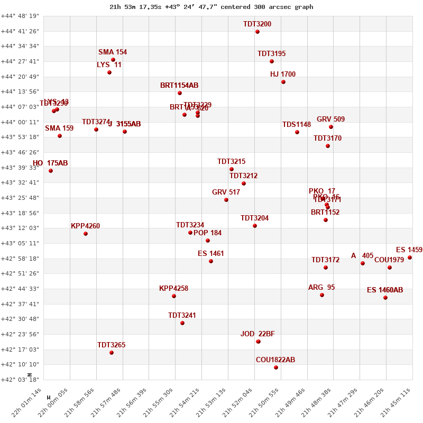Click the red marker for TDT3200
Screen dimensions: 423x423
click(258, 32)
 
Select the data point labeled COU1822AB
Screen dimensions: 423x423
click(276, 367)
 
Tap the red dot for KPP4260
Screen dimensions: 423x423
click(86, 234)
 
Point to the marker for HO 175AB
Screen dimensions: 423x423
click(51, 171)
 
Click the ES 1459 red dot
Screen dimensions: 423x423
click(410, 258)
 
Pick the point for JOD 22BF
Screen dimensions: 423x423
click(258, 342)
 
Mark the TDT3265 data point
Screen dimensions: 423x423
click(112, 353)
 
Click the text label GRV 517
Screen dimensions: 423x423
click(226, 192)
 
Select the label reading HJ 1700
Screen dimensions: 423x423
click(283, 75)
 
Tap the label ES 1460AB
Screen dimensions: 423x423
click(385, 290)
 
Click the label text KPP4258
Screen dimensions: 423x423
click(173, 289)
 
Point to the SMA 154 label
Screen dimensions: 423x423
click(113, 52)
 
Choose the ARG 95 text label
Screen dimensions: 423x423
click(321, 288)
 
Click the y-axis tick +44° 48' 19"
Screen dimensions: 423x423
click(20, 16)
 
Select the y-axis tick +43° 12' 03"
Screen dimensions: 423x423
click(20, 228)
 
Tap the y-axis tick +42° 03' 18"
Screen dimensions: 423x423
click(20, 379)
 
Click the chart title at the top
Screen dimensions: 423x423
click(212, 7)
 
